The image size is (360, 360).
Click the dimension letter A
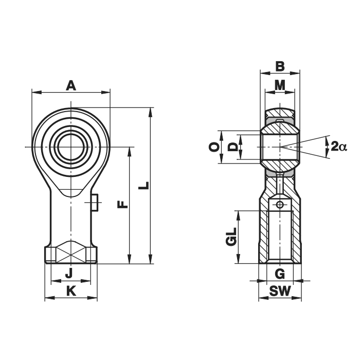point(71,85)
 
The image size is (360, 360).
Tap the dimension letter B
point(280,66)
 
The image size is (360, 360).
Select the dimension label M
point(280,85)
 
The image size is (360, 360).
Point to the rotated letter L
point(144,186)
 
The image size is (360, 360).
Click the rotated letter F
point(122,204)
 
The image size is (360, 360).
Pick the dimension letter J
point(69,273)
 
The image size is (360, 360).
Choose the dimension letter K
point(71,292)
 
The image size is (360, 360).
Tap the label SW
point(280,291)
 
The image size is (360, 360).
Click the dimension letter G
point(280,274)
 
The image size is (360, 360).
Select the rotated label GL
point(231,237)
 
